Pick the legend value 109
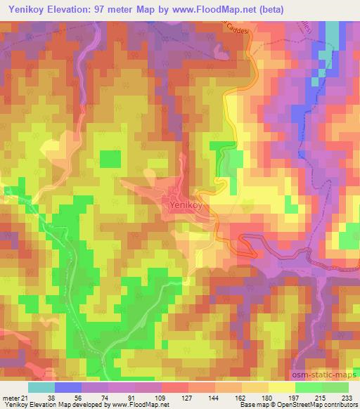click(165, 397)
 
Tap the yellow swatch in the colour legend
click(281, 387)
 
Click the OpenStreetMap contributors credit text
click(314, 405)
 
